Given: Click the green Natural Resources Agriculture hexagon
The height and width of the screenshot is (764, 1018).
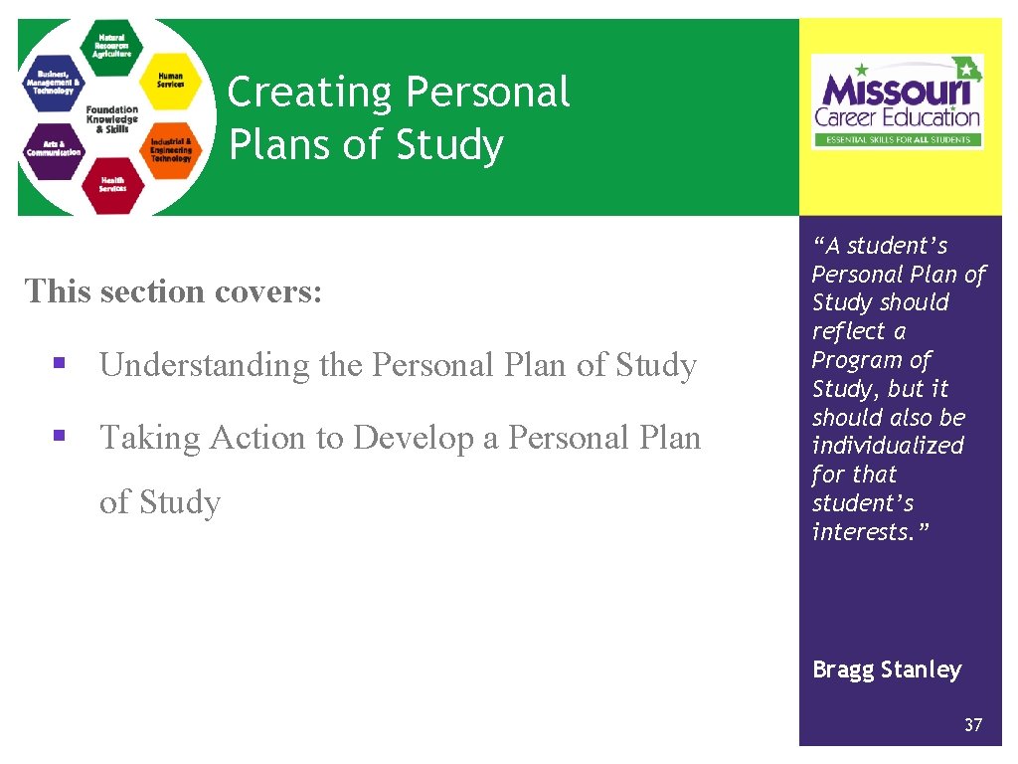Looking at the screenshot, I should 111,47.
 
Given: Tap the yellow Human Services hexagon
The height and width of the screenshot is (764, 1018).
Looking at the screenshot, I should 170,80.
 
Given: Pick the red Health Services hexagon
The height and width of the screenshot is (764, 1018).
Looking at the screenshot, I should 111,185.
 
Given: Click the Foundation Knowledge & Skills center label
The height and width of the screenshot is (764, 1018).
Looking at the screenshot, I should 111,118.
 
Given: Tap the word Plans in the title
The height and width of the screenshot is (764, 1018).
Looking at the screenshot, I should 279,145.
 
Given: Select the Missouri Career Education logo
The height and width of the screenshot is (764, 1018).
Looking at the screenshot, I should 897,101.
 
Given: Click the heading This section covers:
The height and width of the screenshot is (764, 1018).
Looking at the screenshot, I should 174,291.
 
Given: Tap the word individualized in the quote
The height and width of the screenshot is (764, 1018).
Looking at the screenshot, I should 888,446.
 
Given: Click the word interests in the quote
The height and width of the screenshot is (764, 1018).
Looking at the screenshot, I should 867,532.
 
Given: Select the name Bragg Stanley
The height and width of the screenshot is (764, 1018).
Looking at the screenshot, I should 887,669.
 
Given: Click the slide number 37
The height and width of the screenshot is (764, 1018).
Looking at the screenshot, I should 972,725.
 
